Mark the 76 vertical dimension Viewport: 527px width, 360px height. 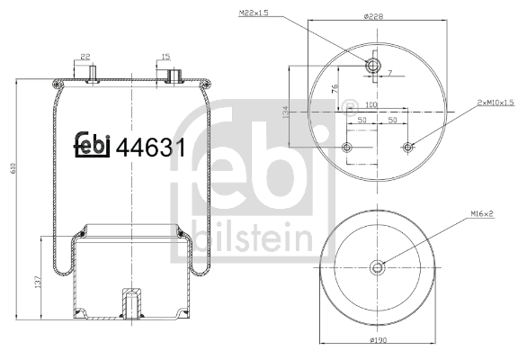[335, 88]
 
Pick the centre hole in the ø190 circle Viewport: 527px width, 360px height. [378, 265]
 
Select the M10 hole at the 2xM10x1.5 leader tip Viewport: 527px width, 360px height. [408, 147]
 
